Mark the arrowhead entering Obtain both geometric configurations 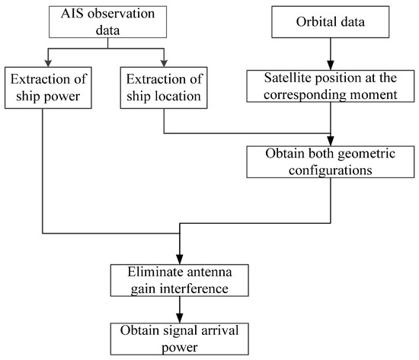point(330,141)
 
